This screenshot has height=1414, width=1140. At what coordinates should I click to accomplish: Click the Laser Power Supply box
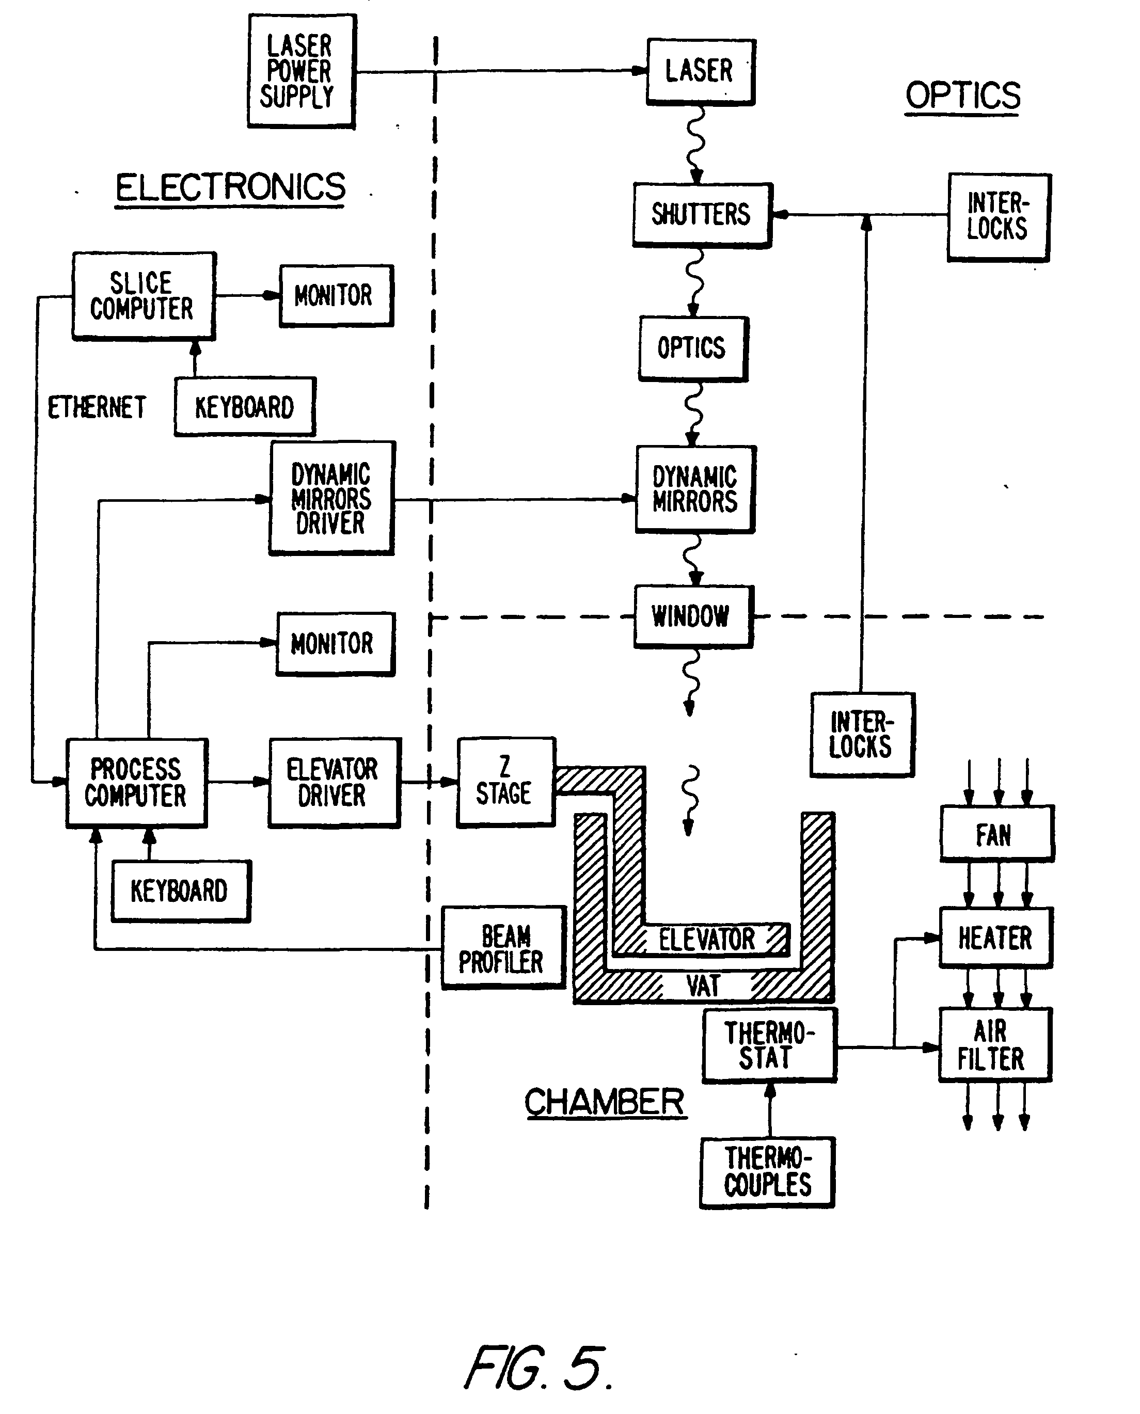point(302,71)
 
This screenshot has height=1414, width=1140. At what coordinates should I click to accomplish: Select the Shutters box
point(701,215)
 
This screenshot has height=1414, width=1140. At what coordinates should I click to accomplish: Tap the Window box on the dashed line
point(692,616)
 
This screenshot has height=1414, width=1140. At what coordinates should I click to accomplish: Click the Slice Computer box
point(143,296)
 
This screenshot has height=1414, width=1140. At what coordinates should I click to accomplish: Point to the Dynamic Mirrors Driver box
point(331,498)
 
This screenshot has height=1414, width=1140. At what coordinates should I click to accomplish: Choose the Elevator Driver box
point(333,783)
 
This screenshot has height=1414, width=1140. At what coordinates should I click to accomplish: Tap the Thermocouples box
point(767,1172)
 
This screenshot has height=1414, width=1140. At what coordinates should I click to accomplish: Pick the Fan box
point(995,834)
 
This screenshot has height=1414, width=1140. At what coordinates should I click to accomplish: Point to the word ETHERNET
point(97,408)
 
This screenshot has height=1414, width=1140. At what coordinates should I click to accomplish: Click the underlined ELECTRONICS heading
point(230,188)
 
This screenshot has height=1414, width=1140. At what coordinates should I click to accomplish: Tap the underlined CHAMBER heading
point(604,1103)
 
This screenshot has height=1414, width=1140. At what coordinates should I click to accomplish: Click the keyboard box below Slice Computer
point(244,407)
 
